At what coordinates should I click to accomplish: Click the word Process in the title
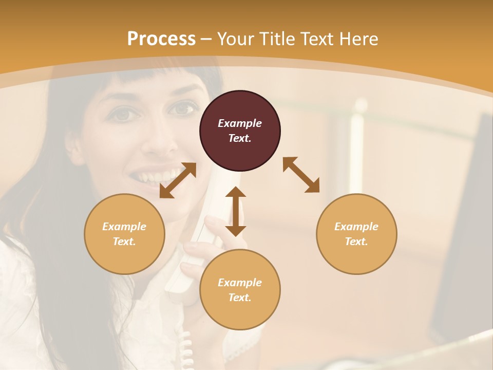coord(161,39)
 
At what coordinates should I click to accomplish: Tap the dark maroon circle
coord(240,131)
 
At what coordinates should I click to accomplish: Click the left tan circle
coord(124,234)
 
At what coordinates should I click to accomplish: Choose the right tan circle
coord(356,234)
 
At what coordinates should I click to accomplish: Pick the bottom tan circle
coord(240,290)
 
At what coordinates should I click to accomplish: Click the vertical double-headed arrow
coord(236,211)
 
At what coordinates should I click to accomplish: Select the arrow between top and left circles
coord(178,180)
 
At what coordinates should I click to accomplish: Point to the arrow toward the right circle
coord(301,175)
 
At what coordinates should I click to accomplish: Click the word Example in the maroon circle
coord(240,123)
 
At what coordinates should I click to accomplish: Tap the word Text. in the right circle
coord(356,242)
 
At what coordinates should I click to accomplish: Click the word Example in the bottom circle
coord(240,283)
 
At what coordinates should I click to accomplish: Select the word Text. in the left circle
coord(124,242)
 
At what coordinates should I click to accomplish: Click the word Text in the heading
coord(317,39)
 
